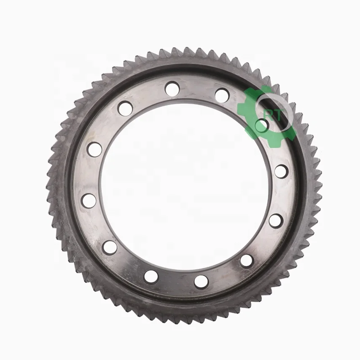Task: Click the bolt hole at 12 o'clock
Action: (x=172, y=89)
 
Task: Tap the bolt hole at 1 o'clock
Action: (x=222, y=96)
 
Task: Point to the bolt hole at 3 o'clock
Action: (x=281, y=171)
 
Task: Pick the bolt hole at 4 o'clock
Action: (x=276, y=220)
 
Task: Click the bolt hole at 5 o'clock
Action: (x=247, y=261)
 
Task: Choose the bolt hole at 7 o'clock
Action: (x=151, y=277)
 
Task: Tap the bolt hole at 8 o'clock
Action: (x=110, y=247)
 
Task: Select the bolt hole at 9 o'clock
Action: (x=89, y=200)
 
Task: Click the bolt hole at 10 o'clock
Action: (x=95, y=149)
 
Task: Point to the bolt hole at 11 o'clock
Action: (x=125, y=109)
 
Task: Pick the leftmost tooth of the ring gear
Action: (x=49, y=185)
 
